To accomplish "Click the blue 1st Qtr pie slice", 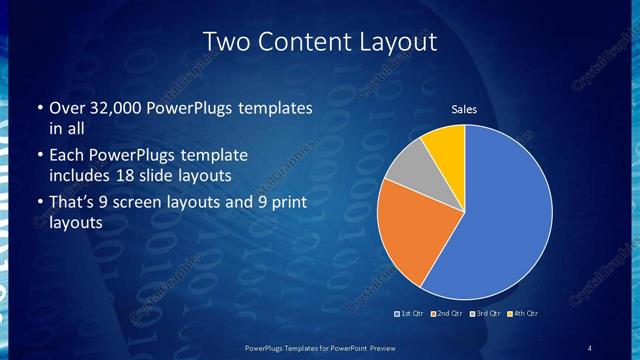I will pos(505,215).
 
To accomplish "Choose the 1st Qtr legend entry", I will pos(411,313).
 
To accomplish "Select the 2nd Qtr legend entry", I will pos(446,313).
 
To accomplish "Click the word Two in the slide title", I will pos(228,42).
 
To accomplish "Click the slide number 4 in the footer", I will pos(590,347).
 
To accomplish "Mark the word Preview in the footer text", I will pos(375,347).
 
